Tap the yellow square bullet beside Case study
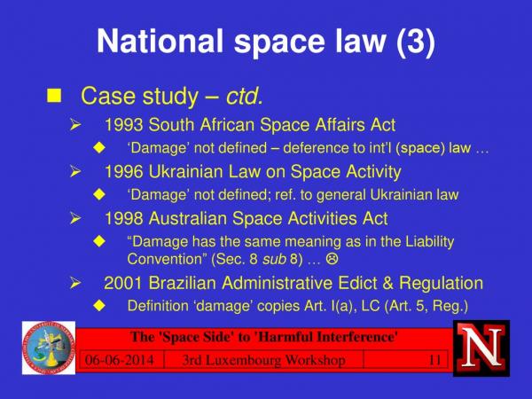click(54, 96)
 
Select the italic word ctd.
click(245, 96)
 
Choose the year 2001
click(123, 284)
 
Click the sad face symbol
click(332, 259)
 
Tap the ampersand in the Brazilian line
click(388, 284)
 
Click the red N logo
click(481, 348)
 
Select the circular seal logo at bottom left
click(49, 348)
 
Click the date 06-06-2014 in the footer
click(120, 360)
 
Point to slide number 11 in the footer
click(435, 360)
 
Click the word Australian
click(188, 218)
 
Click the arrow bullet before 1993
click(75, 125)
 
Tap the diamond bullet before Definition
click(99, 305)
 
